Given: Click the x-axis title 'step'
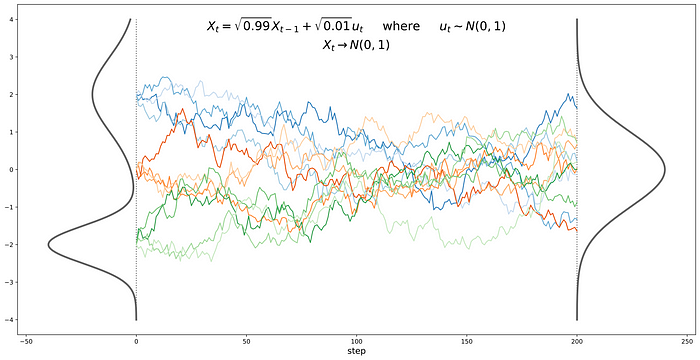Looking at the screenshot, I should [356, 352].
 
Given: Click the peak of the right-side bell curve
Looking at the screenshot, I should [665, 170].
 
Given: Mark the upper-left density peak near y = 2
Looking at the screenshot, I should [91, 95].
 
